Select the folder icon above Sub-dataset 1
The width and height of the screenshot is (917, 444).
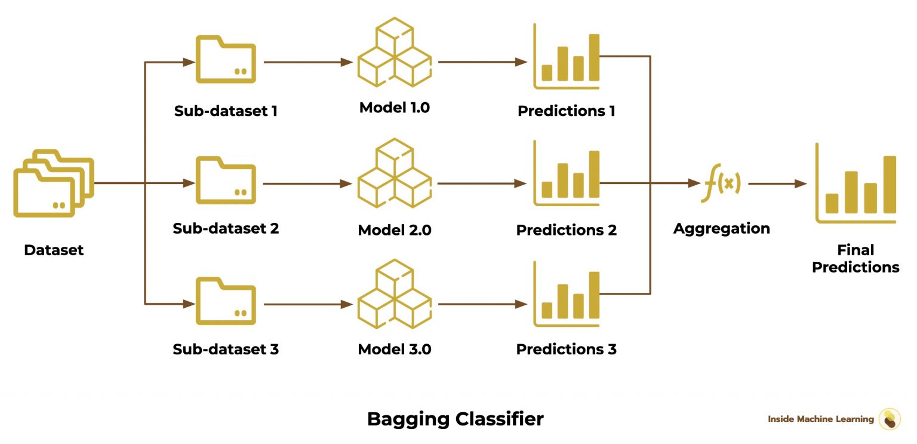226,59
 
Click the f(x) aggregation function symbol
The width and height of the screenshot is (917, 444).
721,184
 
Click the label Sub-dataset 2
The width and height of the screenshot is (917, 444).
226,229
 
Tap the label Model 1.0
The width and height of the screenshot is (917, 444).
394,108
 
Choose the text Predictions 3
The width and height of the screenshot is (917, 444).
566,350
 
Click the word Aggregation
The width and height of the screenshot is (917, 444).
721,229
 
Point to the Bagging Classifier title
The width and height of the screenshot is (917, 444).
455,419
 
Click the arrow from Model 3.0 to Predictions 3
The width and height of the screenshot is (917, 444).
482,304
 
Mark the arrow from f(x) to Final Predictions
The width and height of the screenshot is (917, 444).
777,184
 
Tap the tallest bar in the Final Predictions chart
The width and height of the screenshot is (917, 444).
890,184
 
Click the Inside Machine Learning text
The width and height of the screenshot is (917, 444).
820,419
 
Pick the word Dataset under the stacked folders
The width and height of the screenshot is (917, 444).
54,250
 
